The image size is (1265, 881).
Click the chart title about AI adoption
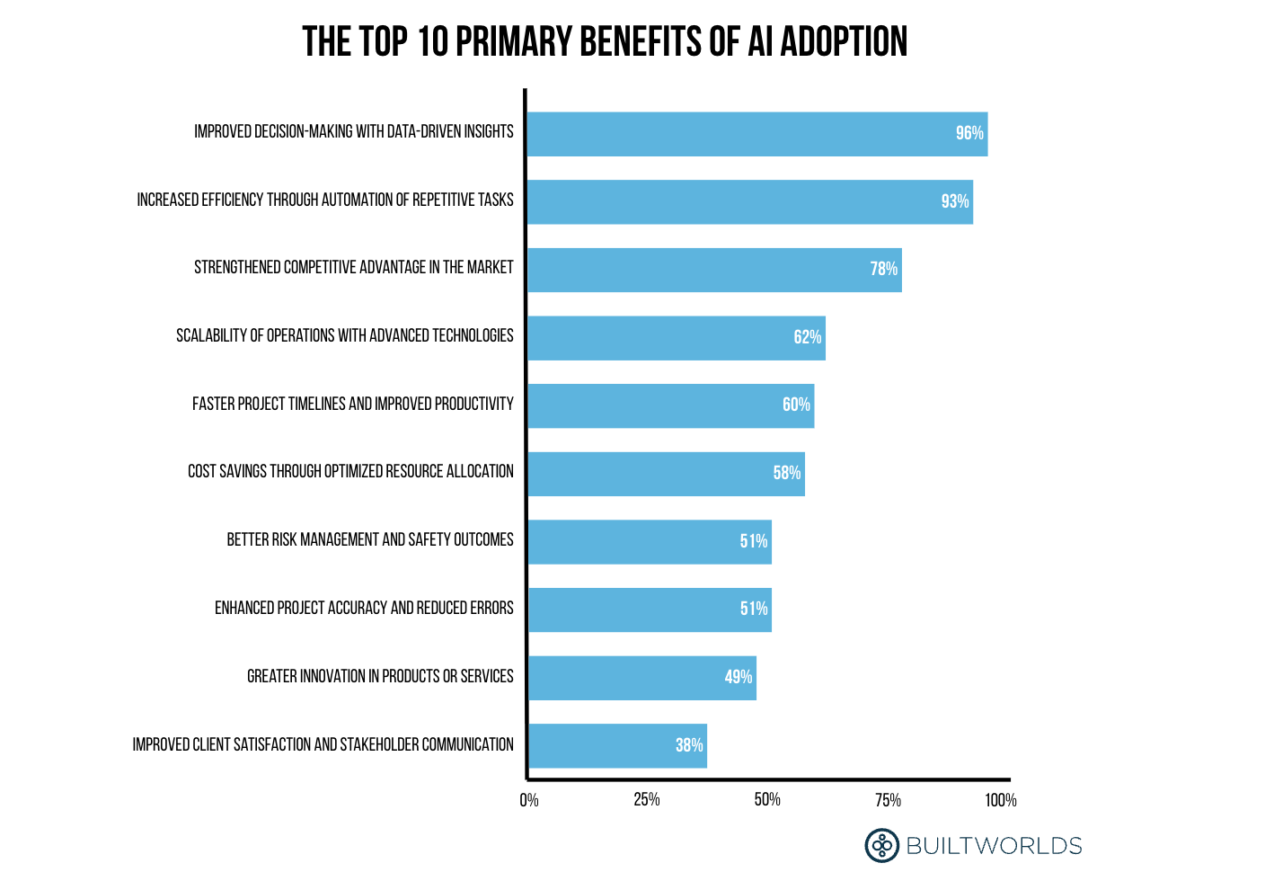pos(605,42)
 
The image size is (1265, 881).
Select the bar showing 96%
pos(756,134)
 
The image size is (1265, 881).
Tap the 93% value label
pos(954,201)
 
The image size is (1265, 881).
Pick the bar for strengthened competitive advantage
pos(714,270)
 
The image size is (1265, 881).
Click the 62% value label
pos(807,337)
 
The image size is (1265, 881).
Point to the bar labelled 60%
pos(670,405)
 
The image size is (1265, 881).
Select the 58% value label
pos(786,473)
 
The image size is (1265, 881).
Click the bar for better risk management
pos(649,541)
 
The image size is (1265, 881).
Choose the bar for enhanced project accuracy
pos(649,610)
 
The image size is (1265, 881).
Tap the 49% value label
pos(738,677)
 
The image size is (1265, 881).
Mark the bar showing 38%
pos(616,745)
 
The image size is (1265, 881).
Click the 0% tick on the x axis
pos(529,800)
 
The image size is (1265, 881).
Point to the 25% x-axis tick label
pos(647,800)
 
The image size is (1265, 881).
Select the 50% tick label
pos(767,800)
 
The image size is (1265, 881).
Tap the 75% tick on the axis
pos(888,800)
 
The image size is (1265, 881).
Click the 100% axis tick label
pos(1000,800)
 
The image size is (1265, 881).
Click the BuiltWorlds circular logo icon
pos(881,845)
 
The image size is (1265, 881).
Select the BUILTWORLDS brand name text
pos(994,846)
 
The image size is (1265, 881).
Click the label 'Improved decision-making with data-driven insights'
pos(354,132)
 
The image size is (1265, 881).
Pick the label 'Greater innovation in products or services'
pos(380,676)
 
